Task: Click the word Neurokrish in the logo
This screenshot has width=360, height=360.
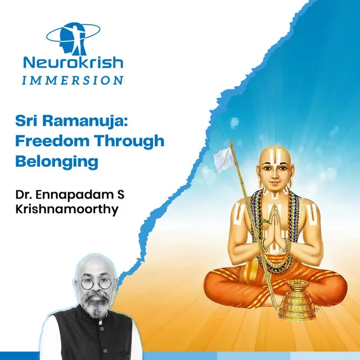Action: tap(73, 62)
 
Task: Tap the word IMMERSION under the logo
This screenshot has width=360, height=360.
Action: tap(73, 80)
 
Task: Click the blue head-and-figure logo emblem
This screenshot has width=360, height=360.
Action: tap(73, 39)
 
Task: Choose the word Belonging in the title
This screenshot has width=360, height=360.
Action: tap(57, 163)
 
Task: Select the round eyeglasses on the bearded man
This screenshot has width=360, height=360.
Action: tap(96, 283)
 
